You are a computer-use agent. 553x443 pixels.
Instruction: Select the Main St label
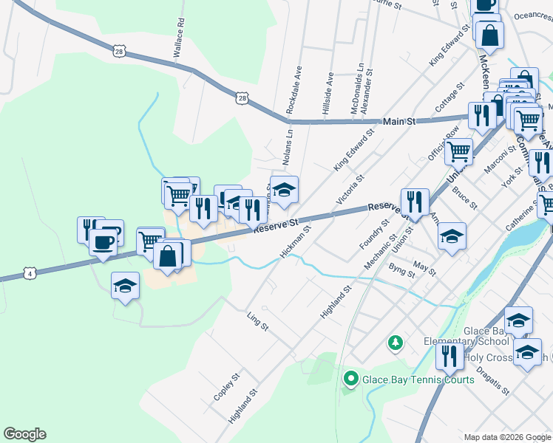pyautogui.click(x=399, y=120)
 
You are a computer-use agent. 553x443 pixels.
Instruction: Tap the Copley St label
pyautogui.click(x=227, y=386)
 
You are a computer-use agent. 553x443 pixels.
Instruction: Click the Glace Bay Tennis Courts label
pyautogui.click(x=418, y=380)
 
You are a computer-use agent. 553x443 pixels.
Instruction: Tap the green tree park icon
pyautogui.click(x=396, y=343)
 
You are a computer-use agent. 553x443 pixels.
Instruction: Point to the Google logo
pyautogui.click(x=24, y=434)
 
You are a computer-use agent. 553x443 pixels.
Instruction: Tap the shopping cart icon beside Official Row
pyautogui.click(x=458, y=151)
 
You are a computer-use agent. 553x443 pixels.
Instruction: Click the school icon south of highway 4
pyautogui.click(x=125, y=286)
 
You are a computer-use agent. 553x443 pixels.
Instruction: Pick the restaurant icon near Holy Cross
pyautogui.click(x=449, y=356)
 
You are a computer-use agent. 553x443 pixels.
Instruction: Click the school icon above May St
pyautogui.click(x=452, y=237)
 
